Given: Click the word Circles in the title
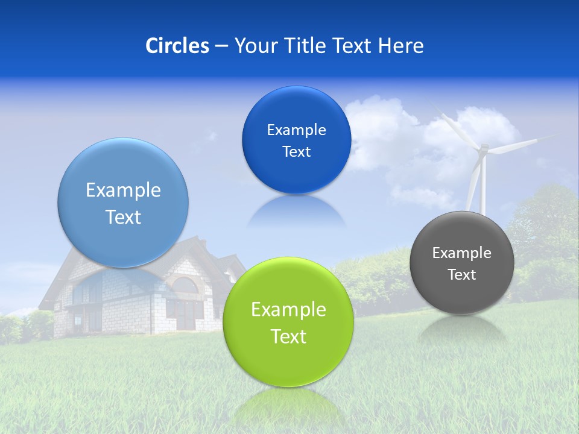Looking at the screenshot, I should tap(177, 46).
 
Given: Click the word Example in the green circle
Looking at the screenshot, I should tap(288, 310).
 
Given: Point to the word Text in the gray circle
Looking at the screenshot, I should tap(462, 275).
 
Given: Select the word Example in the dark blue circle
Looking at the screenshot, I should tap(296, 130).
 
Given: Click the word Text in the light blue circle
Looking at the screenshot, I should tap(123, 217).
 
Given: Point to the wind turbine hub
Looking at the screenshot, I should tap(482, 149).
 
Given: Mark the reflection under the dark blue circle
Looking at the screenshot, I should tap(296, 211).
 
